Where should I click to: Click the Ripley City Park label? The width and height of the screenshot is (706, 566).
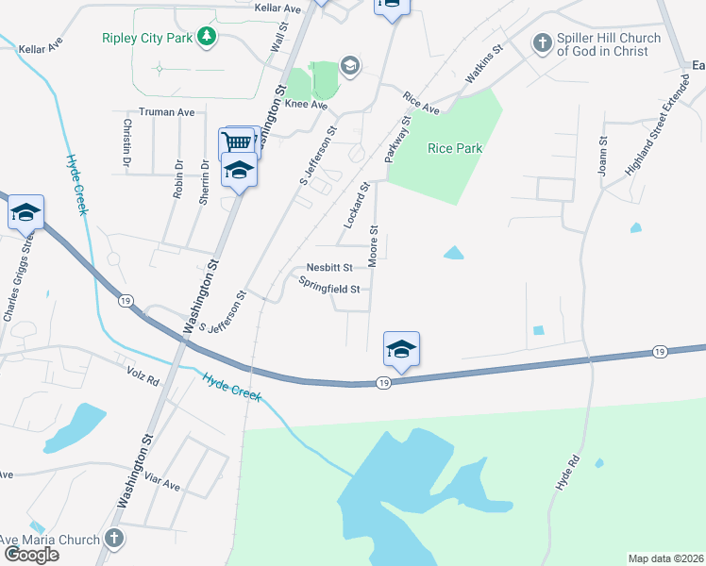[x=147, y=38]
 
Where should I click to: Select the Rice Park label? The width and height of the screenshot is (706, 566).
[x=455, y=148]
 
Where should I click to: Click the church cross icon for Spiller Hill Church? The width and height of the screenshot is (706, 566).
[x=542, y=42]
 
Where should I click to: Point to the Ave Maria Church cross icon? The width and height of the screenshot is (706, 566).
[x=113, y=540]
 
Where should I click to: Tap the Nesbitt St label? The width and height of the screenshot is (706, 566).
[x=329, y=267]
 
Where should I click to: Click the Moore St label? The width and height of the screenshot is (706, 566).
[x=374, y=245]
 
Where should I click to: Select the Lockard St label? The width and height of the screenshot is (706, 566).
[x=354, y=205]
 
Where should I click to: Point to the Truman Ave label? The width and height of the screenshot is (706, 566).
[x=166, y=112]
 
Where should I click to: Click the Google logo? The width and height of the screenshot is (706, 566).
[x=31, y=554]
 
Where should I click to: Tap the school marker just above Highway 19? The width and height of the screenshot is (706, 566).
[x=401, y=350]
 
